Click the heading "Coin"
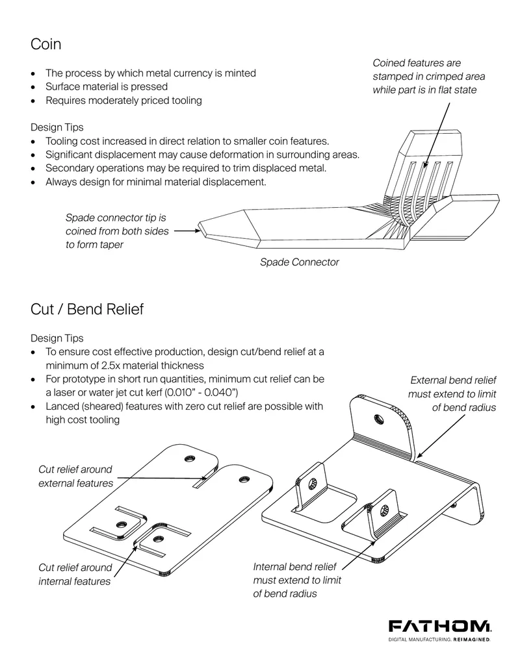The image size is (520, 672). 45,44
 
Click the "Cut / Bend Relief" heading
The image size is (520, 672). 87,309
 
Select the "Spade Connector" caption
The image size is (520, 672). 300,262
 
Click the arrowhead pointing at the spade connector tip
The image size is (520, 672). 198,231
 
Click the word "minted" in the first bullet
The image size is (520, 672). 240,73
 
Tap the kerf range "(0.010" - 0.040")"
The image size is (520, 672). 201,393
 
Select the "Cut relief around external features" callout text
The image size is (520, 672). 75,476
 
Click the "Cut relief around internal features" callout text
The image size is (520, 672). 75,575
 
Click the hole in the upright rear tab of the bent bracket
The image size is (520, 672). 379,417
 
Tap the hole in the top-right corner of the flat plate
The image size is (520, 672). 244,479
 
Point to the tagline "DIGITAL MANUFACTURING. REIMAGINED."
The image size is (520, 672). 439,640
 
